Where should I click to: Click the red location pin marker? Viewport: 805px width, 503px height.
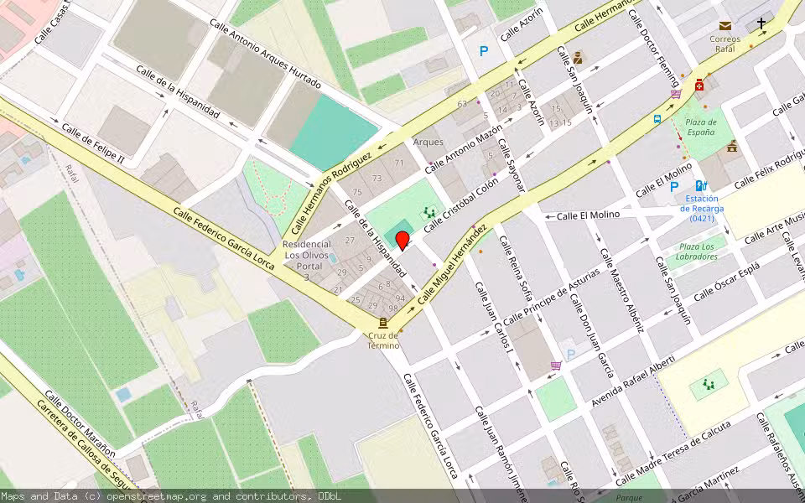click(x=402, y=241)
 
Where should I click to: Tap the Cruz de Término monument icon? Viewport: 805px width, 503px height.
click(x=383, y=323)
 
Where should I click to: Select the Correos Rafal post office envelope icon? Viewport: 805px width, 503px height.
click(x=724, y=26)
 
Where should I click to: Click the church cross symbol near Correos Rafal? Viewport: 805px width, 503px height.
click(x=761, y=23)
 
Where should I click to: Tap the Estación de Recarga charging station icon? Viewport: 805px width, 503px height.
click(x=700, y=186)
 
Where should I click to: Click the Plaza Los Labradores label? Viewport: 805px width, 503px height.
click(x=697, y=251)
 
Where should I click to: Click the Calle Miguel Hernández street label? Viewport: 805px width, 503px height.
click(x=453, y=263)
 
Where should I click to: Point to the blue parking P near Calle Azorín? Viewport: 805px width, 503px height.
click(x=483, y=52)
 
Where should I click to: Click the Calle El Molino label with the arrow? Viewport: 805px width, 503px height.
click(x=587, y=215)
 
